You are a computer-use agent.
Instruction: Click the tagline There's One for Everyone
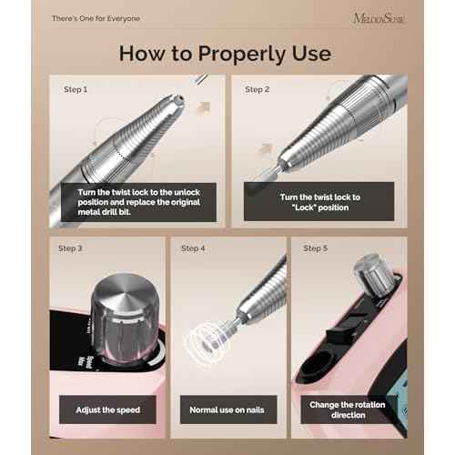click(90, 17)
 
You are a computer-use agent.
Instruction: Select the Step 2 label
click(258, 89)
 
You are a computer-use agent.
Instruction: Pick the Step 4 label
click(193, 248)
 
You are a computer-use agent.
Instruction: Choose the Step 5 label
click(316, 248)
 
